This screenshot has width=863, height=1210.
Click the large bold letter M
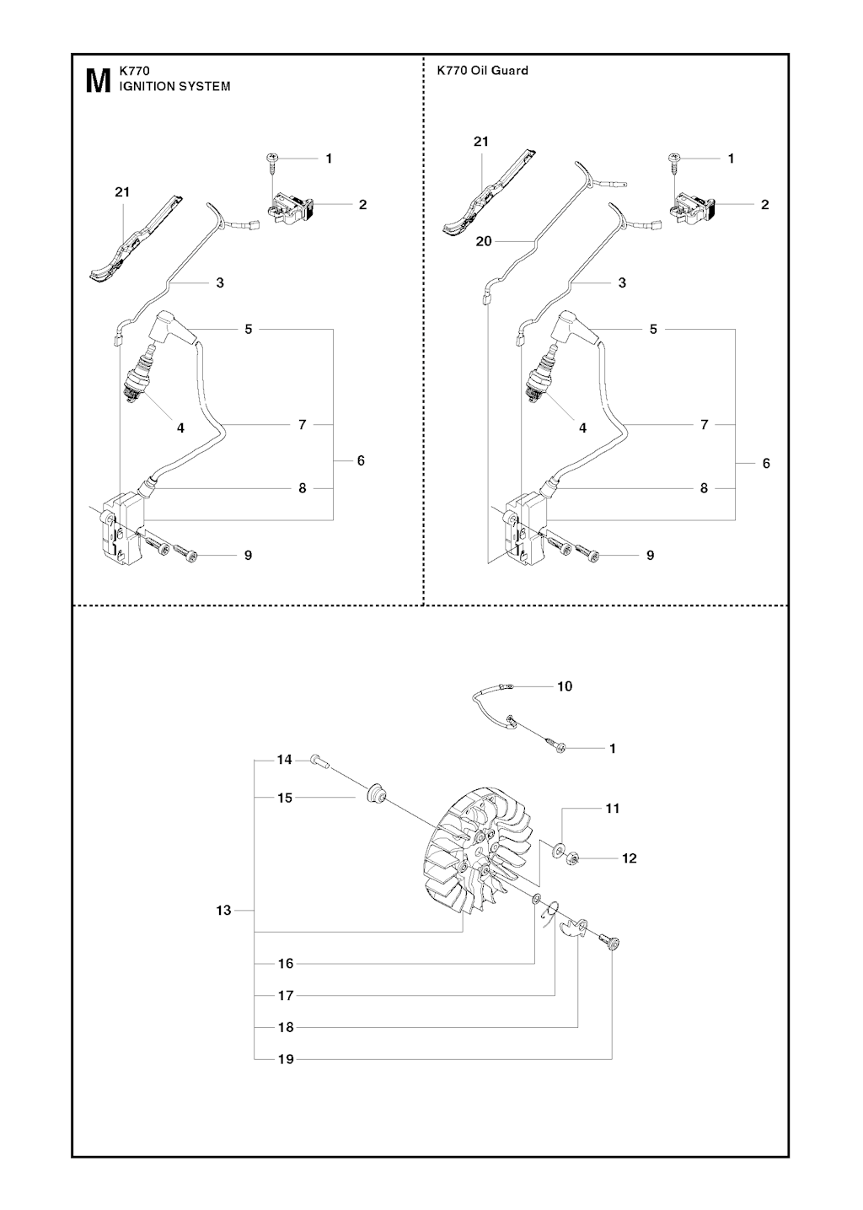point(97,80)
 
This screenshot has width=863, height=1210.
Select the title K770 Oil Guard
point(483,70)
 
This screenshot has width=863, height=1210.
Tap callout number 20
point(484,241)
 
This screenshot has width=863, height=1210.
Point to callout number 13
point(223,910)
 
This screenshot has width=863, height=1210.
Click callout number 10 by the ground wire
point(565,686)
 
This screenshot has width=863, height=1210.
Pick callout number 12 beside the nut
point(630,858)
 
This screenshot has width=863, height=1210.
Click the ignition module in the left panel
point(122,530)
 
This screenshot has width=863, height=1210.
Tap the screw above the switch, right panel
point(674,164)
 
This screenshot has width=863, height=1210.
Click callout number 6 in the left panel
point(361,460)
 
